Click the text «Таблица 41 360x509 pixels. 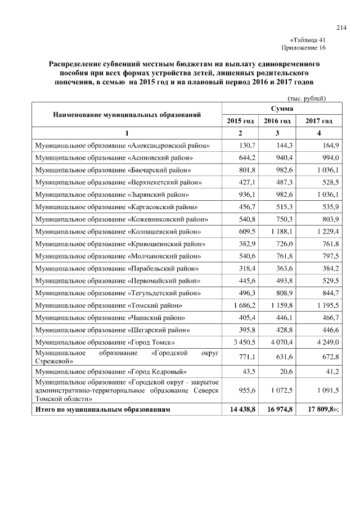[x=308, y=40]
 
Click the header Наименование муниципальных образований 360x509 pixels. [x=127, y=114]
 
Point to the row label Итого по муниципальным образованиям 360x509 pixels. [x=102, y=411]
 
